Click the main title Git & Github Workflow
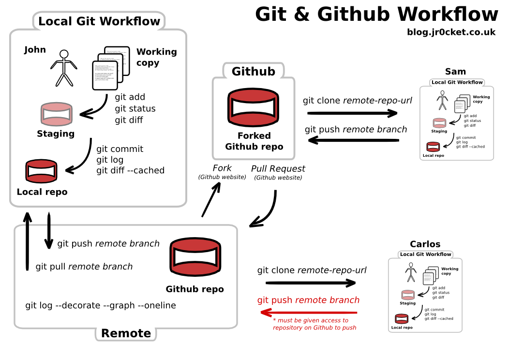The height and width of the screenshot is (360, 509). coord(376,14)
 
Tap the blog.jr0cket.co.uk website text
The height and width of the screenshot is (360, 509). coord(451,32)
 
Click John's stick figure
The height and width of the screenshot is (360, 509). coord(63,68)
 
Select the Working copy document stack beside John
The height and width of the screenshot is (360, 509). coord(111,68)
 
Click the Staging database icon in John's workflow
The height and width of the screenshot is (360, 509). coord(56,115)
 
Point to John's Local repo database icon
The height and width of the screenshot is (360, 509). coord(41,171)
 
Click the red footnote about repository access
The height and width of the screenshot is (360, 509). coord(314,324)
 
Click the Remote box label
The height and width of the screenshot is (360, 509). coord(126,333)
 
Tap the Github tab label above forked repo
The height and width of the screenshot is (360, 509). coord(253,72)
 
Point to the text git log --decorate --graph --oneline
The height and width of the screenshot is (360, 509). coord(101,305)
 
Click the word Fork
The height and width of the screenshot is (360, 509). coord(222,168)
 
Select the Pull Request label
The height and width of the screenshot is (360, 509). coord(278,169)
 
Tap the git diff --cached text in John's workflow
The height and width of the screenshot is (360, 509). coord(130,170)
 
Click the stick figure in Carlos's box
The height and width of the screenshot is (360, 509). coord(411,272)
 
